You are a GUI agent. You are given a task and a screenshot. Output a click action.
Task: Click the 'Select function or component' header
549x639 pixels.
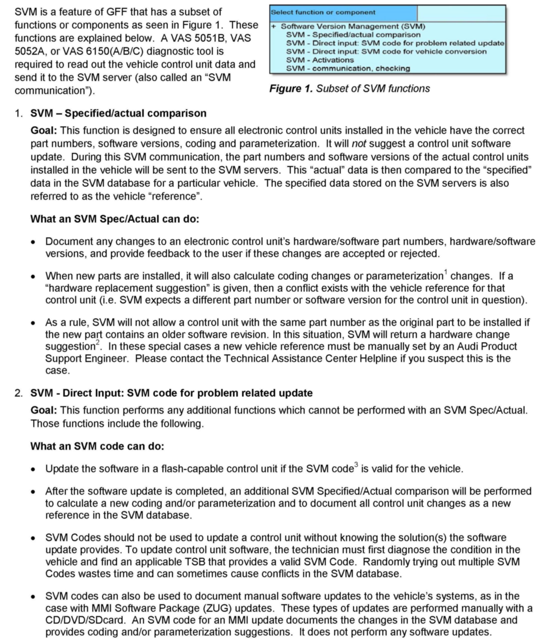click(x=323, y=13)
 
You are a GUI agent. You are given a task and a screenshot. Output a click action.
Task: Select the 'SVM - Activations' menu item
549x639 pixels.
click(x=320, y=60)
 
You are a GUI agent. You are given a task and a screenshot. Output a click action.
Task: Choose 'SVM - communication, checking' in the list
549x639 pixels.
click(x=348, y=68)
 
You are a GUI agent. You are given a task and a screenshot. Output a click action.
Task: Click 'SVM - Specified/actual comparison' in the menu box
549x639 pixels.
click(x=353, y=35)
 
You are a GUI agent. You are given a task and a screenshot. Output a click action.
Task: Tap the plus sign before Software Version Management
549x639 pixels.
click(x=273, y=26)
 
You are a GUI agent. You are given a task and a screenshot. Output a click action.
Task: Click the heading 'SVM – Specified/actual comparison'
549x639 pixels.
click(x=118, y=114)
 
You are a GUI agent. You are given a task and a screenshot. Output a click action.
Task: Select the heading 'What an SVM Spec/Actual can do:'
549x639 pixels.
click(x=115, y=219)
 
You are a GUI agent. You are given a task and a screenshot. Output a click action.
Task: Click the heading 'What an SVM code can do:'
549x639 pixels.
click(x=97, y=446)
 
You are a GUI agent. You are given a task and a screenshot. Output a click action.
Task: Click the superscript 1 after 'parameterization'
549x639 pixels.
click(x=445, y=272)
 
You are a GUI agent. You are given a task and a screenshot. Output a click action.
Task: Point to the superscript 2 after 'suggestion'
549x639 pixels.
click(x=98, y=342)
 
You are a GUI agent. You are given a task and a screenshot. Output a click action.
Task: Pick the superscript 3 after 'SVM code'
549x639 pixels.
click(x=356, y=464)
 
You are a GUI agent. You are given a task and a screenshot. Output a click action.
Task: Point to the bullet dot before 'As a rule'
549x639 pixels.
click(x=33, y=323)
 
